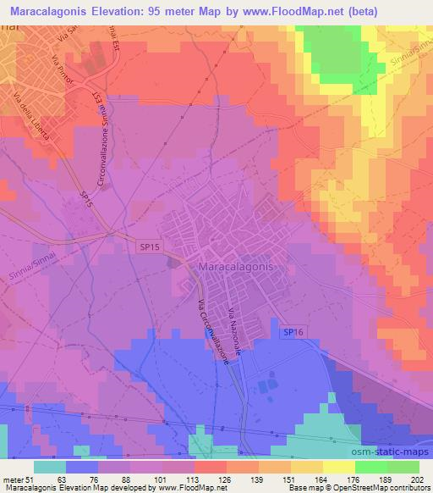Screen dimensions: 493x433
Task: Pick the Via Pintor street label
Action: [x=64, y=77]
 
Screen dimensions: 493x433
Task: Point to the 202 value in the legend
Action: [x=416, y=479]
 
